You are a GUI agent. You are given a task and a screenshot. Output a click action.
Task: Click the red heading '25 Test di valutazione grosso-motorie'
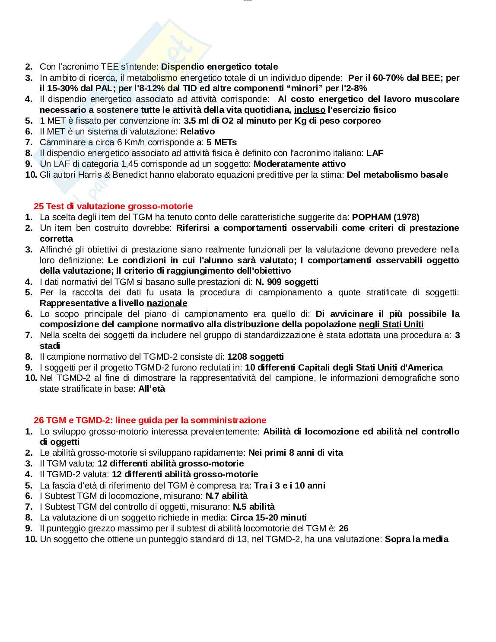113,206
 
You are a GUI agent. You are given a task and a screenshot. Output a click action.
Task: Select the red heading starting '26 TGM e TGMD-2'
150,420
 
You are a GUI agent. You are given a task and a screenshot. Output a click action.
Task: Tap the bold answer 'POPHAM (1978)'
385,217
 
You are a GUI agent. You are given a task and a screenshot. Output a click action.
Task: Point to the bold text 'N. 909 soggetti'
287,282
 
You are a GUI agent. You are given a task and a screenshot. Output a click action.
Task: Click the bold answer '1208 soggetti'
255,357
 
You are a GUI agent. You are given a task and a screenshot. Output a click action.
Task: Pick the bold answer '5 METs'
222,142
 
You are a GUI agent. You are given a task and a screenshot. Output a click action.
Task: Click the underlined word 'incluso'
309,110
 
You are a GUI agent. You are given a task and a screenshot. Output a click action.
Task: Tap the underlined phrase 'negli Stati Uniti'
391,324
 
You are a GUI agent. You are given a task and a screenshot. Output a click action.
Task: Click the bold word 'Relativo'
197,131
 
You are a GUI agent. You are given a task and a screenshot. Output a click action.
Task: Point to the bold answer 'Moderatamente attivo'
299,164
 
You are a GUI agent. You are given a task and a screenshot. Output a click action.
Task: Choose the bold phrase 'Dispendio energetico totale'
219,67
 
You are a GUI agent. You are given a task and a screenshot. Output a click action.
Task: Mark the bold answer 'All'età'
152,389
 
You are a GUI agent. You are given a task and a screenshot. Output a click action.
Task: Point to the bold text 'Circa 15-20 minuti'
268,517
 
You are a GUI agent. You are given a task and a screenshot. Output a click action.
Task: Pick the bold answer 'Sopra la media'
417,539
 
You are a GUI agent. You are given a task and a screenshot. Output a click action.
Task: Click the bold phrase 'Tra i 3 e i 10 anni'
289,485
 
